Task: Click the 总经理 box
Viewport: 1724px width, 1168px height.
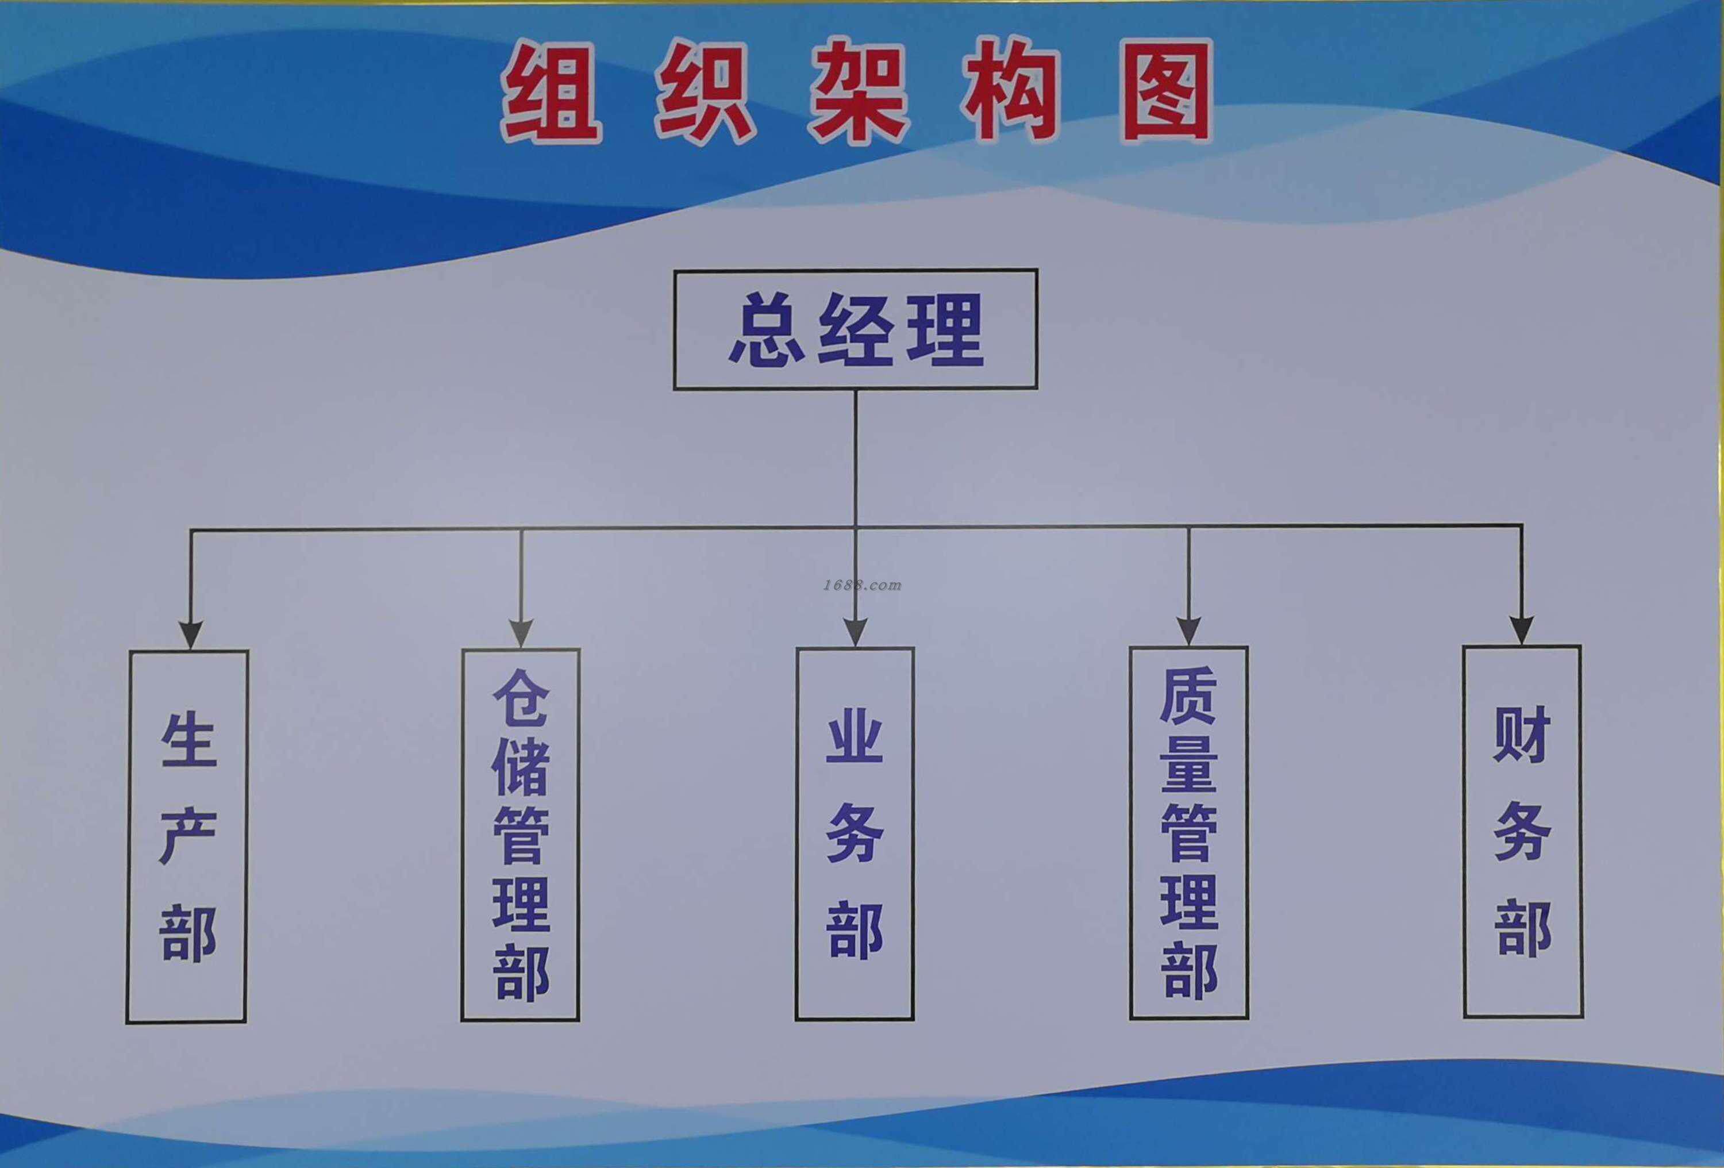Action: pyautogui.click(x=855, y=329)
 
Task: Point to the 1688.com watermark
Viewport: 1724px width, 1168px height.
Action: pyautogui.click(x=862, y=585)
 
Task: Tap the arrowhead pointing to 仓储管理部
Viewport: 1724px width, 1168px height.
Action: pyautogui.click(x=521, y=632)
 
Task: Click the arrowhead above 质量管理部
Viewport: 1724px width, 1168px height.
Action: pyautogui.click(x=1188, y=630)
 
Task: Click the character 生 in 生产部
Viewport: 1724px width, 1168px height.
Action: pyautogui.click(x=188, y=740)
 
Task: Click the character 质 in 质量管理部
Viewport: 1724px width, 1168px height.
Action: pyautogui.click(x=1188, y=696)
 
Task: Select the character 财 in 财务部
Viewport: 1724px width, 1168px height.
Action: pyautogui.click(x=1522, y=734)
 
